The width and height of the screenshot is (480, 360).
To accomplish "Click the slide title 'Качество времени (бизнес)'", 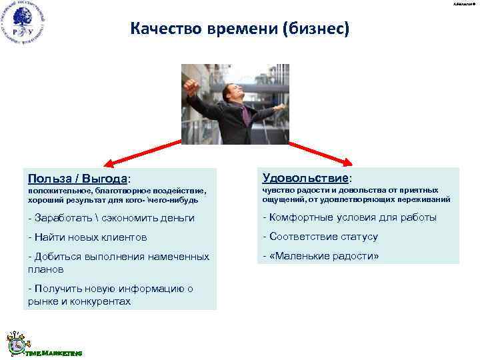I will [239, 29].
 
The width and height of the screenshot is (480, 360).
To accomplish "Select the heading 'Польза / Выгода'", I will [77, 178].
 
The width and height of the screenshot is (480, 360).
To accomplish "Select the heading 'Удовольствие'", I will [306, 178].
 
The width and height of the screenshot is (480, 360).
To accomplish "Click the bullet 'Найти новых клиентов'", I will [87, 237].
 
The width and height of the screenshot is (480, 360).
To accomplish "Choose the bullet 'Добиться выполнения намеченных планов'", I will [119, 263].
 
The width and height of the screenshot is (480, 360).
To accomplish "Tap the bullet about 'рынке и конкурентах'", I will [111, 295].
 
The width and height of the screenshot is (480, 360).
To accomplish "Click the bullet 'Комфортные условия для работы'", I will [350, 217].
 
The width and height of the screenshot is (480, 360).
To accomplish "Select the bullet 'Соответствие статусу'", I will [321, 237].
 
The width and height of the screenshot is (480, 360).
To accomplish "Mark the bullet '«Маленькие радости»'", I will [321, 256].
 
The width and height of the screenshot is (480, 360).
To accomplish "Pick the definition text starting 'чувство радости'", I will [357, 195].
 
